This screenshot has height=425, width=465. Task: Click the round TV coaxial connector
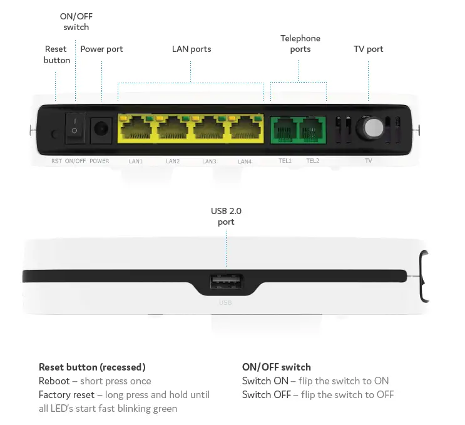(369, 129)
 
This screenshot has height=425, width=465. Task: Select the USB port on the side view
(226, 284)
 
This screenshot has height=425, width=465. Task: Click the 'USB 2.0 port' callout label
(226, 217)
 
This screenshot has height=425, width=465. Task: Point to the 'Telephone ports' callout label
(300, 44)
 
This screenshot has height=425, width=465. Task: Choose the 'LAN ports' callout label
(192, 49)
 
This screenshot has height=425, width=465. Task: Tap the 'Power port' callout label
(101, 49)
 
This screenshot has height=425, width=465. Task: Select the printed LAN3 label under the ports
(209, 161)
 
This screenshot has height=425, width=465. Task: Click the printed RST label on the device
(56, 161)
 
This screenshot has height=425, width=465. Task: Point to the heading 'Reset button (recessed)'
(92, 367)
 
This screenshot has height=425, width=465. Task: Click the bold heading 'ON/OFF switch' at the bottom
(276, 367)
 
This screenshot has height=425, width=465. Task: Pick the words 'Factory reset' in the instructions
(66, 395)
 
